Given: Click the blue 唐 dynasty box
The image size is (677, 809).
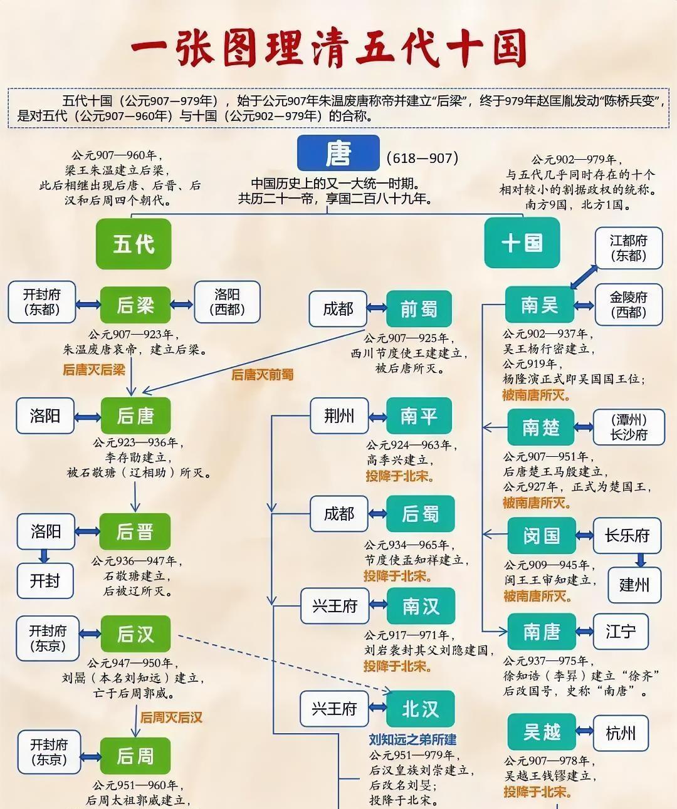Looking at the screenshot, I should coord(338,153).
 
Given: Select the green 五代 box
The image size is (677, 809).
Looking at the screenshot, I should coord(134,243).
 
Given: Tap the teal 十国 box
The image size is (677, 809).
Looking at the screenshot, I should coord(522,243).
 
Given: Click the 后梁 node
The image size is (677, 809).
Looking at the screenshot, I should coord(135,305).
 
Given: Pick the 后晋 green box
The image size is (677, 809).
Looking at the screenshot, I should coord(135,532).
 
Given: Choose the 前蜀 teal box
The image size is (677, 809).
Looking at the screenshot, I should coord(419,309).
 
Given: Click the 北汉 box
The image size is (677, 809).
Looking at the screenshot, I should coord(420,709).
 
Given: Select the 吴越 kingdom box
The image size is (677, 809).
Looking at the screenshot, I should coord(542,732).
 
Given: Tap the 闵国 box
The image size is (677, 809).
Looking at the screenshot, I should coord(542,536).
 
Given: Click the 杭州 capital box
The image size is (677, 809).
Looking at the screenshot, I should coord(621,733).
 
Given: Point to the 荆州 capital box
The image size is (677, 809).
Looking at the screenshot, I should coord(339,415).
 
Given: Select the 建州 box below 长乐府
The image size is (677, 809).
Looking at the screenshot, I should coord(634,585).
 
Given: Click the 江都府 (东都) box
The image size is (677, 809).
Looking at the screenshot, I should coord(628,248).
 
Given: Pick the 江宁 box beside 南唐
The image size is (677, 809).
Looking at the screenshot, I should coord(620,631).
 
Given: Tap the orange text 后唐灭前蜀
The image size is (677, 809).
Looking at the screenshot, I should coord(262,375).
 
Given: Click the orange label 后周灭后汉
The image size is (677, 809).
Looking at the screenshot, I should coord(171,717).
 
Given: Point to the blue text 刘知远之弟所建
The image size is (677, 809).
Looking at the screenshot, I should coord(412,739).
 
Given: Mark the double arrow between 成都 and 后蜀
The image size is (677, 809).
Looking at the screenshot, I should coord(377,513).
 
